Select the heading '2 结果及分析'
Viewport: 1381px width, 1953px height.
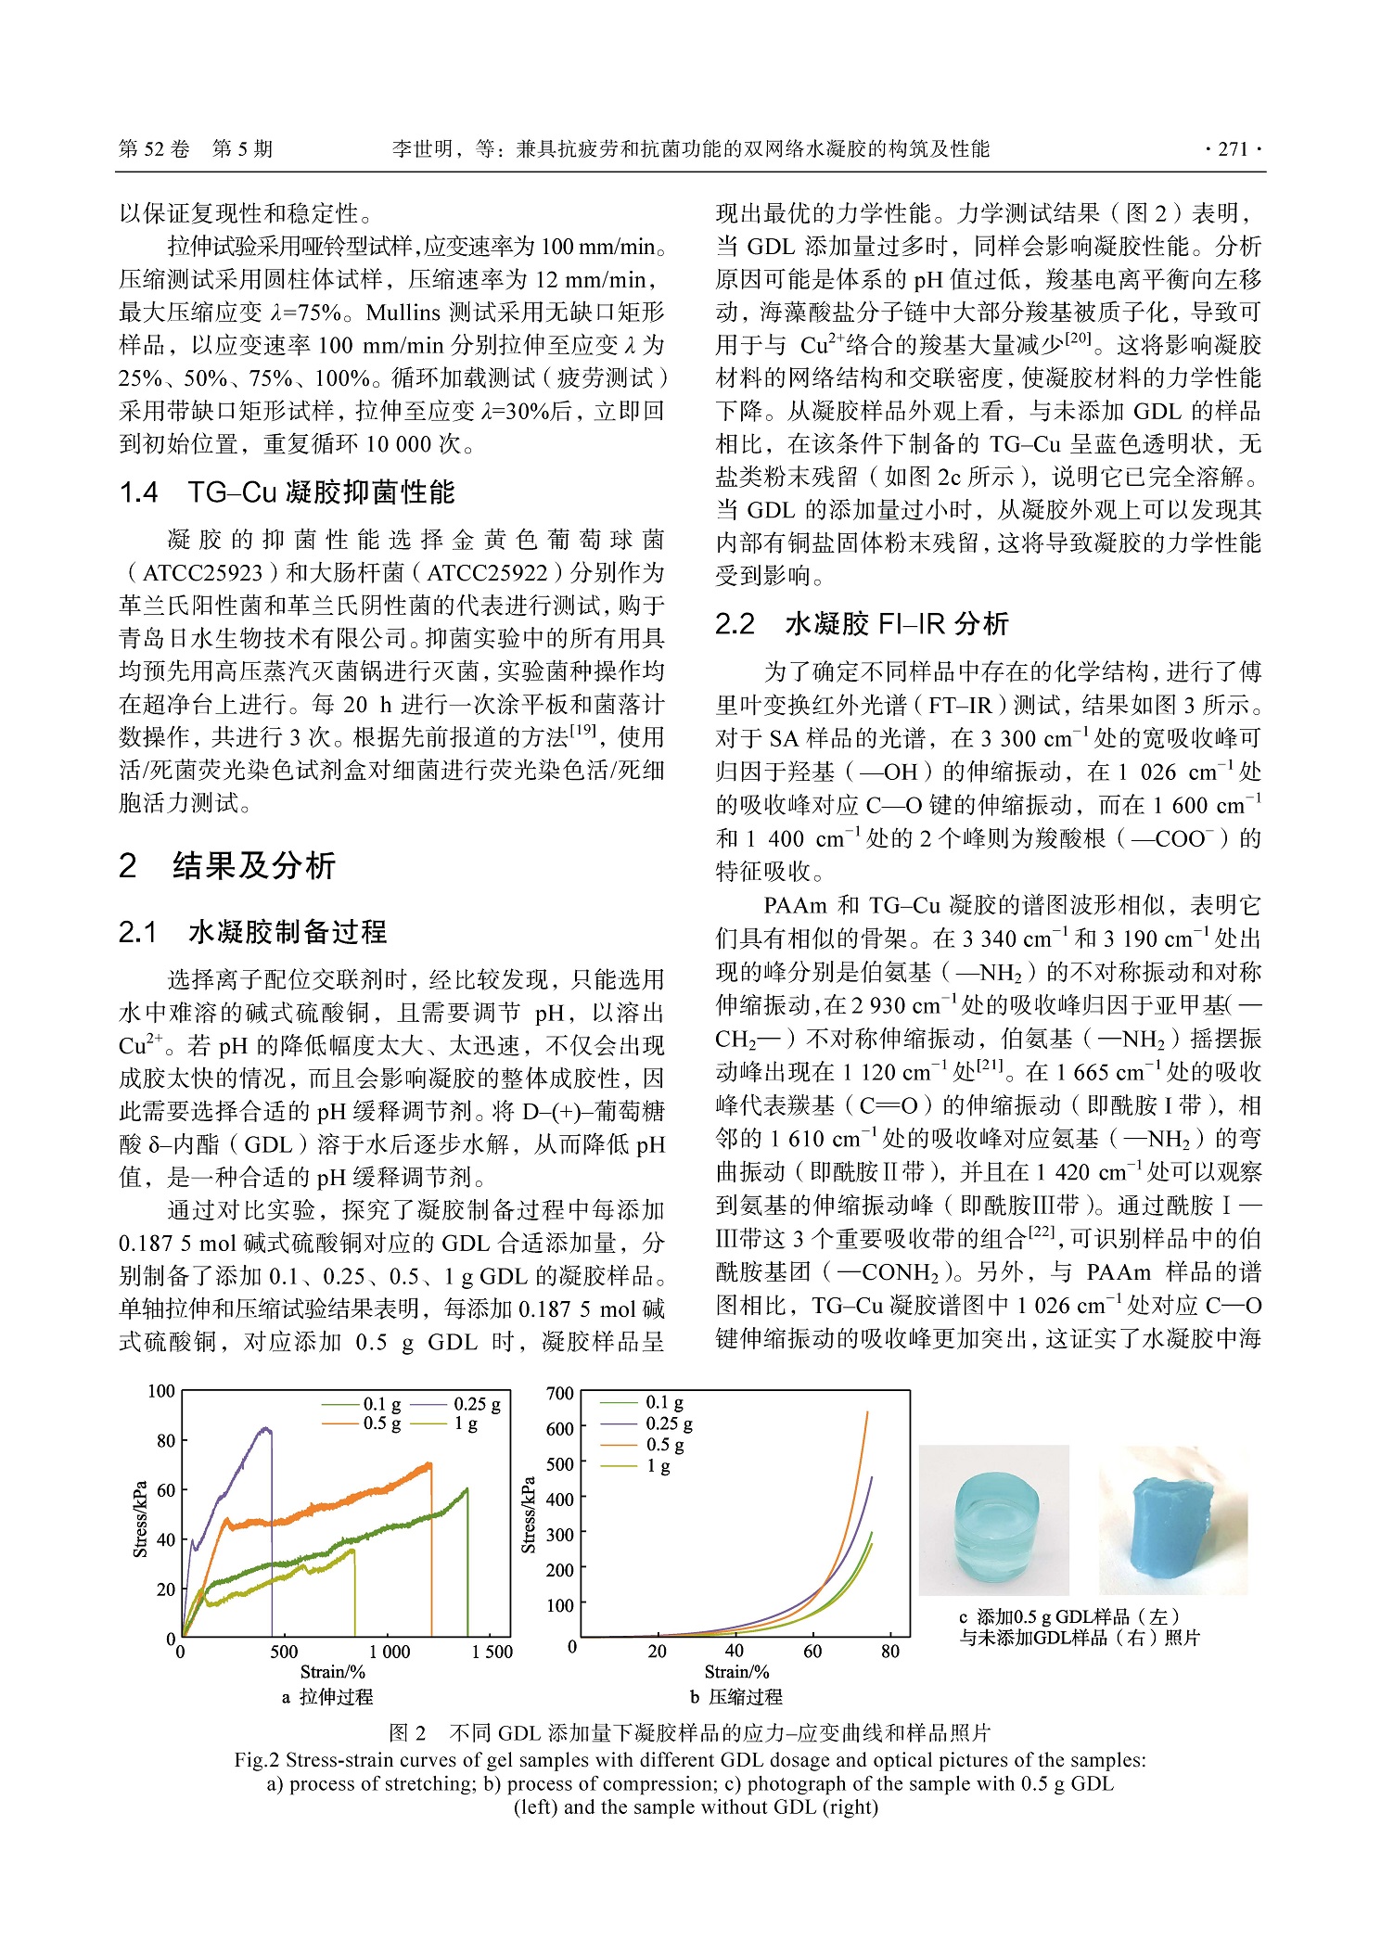pos(227,866)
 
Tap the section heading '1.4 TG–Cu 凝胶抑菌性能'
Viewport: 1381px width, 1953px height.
pos(287,492)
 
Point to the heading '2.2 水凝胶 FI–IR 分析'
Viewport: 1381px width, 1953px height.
pos(862,624)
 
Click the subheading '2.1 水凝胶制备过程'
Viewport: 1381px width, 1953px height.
pos(252,932)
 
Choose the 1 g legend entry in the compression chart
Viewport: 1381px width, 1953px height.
pos(640,1465)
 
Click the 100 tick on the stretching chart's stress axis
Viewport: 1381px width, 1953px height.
pos(161,1391)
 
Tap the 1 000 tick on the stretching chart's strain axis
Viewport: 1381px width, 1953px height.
pos(390,1652)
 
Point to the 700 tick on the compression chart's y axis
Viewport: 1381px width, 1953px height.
pos(560,1393)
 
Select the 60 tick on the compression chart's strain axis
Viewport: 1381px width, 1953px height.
pos(812,1651)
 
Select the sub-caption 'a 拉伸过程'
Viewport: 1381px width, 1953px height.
pos(327,1697)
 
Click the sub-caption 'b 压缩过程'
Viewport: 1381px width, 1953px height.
pos(736,1697)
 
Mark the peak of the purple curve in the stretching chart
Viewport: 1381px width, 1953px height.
pos(267,1429)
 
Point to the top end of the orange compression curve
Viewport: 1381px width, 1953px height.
pos(867,1412)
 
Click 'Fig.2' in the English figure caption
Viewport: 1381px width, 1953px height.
pos(256,1760)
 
